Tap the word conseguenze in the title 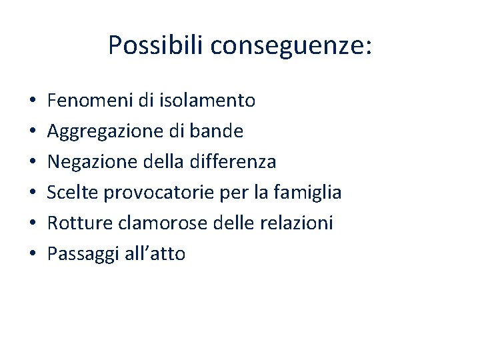(x=290, y=46)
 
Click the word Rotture (x=79, y=223)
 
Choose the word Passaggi (x=83, y=254)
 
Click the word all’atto (x=155, y=254)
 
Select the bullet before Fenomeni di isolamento (x=33, y=102)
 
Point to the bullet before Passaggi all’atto (x=33, y=255)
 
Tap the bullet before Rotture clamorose (x=33, y=224)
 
